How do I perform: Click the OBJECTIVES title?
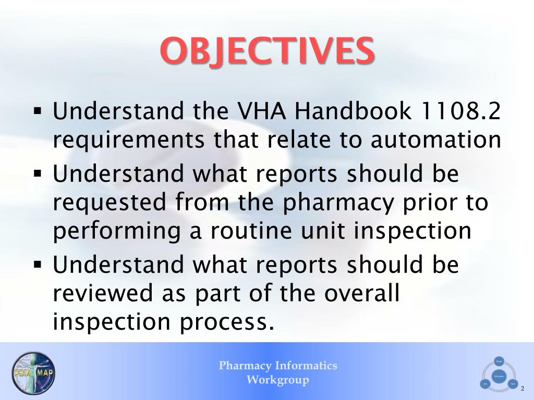tap(267, 51)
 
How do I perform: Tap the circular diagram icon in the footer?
tap(499, 374)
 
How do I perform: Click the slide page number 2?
tap(523, 387)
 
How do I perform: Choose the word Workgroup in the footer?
tap(277, 380)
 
